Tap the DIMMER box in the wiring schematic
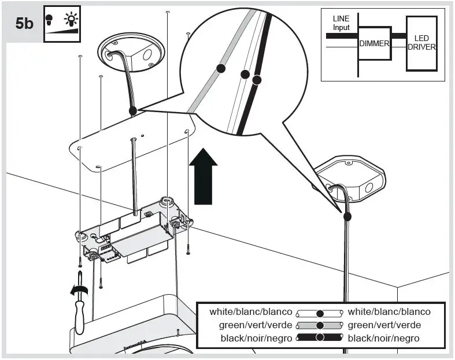pos(374,43)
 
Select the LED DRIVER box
pos(421,43)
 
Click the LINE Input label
pos(341,23)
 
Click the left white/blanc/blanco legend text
pos(251,312)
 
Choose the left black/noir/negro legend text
pos(257,338)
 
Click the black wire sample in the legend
pos(320,338)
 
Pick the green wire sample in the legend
pos(320,325)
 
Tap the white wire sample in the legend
pos(320,313)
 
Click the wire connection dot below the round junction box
pos(132,110)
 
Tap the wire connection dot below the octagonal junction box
pos(347,217)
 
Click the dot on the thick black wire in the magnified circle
pos(257,80)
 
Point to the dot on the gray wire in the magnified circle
pos(220,68)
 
